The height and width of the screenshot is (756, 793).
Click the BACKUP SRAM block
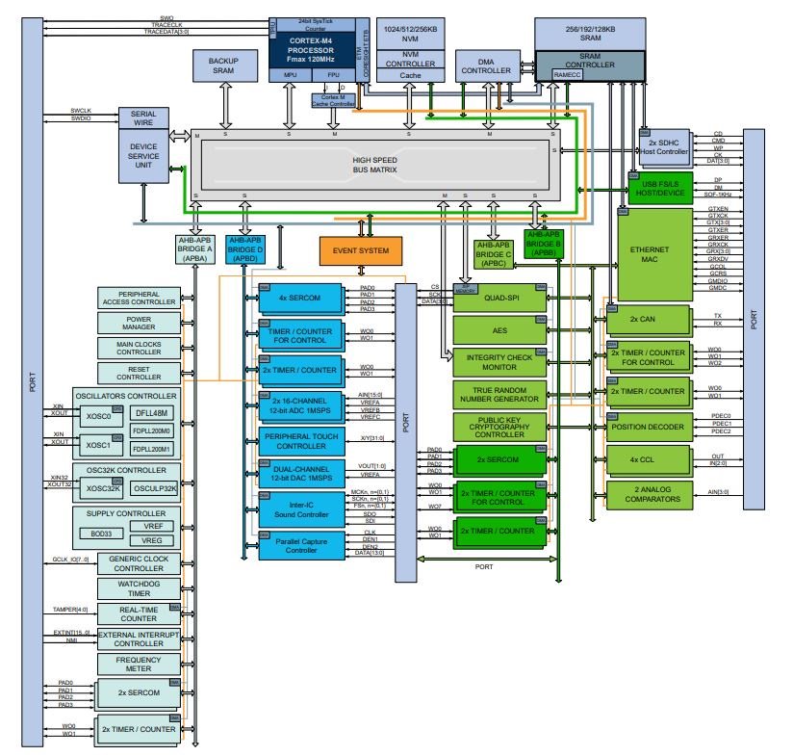(223, 66)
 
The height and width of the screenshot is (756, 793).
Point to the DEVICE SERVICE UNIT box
(143, 158)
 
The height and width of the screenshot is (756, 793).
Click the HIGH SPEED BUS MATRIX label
(374, 164)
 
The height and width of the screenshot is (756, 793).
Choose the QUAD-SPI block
(499, 298)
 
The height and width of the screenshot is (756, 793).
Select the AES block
(499, 330)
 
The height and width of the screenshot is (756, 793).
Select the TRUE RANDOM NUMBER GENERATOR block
(499, 394)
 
